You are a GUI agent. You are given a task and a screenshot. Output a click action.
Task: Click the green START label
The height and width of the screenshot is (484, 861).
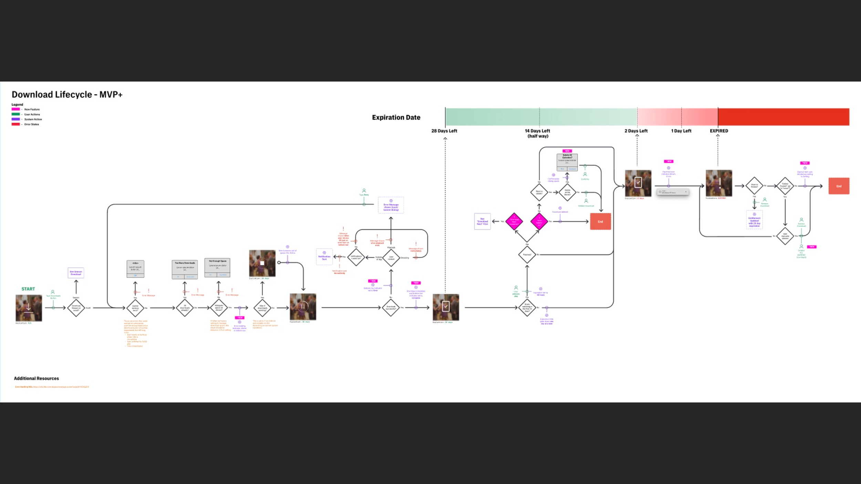point(28,289)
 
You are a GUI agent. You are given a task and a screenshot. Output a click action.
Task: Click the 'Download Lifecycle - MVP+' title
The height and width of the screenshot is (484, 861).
point(67,94)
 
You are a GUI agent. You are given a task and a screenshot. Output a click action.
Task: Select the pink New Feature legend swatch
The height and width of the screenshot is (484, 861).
point(15,109)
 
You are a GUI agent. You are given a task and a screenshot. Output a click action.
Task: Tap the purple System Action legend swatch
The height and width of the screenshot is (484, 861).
point(15,119)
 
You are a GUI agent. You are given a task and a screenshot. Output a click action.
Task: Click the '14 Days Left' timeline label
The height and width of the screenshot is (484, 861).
point(537,131)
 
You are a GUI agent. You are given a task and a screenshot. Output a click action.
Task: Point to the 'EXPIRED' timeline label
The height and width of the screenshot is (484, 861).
point(719,131)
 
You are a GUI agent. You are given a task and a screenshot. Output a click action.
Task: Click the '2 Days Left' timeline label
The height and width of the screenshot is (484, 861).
point(636,131)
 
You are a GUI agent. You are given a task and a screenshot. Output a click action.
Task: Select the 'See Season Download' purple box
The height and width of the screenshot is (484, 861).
point(76,273)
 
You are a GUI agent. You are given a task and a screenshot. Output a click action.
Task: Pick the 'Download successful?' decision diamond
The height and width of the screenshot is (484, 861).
point(391,307)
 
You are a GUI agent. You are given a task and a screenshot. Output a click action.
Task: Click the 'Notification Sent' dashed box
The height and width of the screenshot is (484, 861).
point(324,257)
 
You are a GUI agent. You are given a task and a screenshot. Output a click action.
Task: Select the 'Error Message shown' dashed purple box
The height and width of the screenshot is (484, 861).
point(391,206)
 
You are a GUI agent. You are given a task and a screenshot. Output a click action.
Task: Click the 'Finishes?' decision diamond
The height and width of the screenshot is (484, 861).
point(527,255)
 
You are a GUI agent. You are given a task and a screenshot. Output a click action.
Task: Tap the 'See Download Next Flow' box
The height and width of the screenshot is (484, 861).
point(482,221)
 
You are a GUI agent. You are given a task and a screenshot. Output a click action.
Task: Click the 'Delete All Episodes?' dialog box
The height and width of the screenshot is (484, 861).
point(567,162)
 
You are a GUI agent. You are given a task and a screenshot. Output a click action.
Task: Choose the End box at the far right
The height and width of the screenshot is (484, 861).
point(839,186)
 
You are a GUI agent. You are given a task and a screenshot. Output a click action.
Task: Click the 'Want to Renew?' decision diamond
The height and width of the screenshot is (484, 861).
point(754,186)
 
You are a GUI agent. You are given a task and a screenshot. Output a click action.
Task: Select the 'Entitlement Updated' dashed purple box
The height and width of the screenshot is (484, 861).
point(754,220)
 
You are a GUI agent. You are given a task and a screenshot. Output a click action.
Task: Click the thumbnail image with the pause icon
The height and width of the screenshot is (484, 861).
point(303,307)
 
